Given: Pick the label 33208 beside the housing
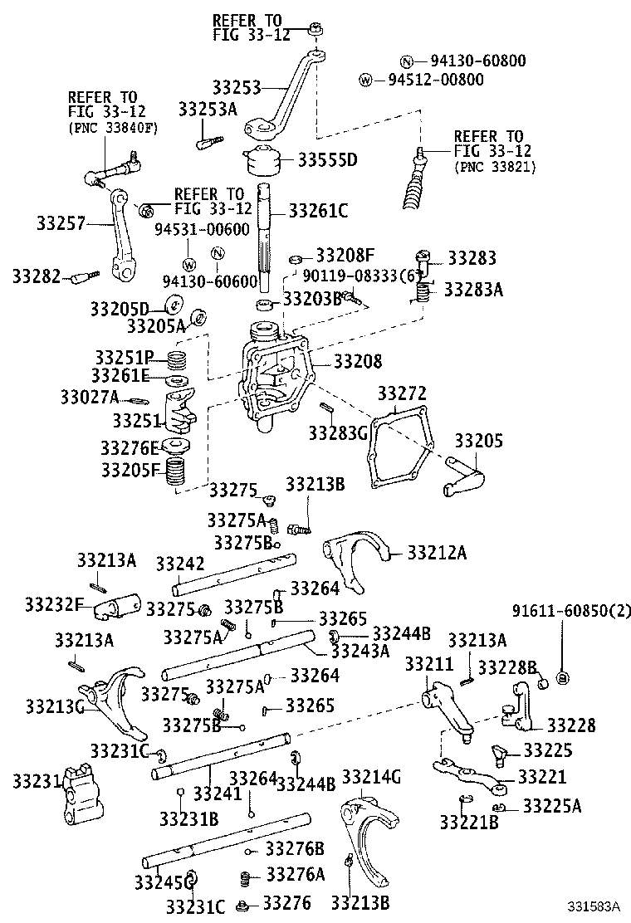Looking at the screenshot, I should click(x=358, y=361).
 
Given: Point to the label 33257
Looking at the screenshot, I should click(x=60, y=222).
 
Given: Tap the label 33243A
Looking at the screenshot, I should click(x=365, y=651).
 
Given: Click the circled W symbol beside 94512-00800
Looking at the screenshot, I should click(x=365, y=80).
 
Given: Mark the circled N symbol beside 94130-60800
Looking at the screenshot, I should click(x=407, y=61).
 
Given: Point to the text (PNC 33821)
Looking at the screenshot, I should click(x=496, y=167).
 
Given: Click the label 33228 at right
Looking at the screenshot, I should click(x=571, y=725).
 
